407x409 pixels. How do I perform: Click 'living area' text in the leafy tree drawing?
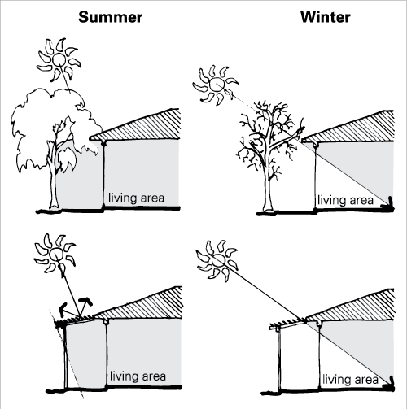click(137, 198)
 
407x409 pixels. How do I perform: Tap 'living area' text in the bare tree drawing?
click(344, 199)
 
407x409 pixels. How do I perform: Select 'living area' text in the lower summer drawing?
click(137, 376)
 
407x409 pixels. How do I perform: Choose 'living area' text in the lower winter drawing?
click(350, 379)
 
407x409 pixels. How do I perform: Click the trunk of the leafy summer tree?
click(54, 183)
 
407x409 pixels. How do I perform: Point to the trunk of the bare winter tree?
click(265, 187)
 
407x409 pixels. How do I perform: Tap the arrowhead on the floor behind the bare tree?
click(382, 207)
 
